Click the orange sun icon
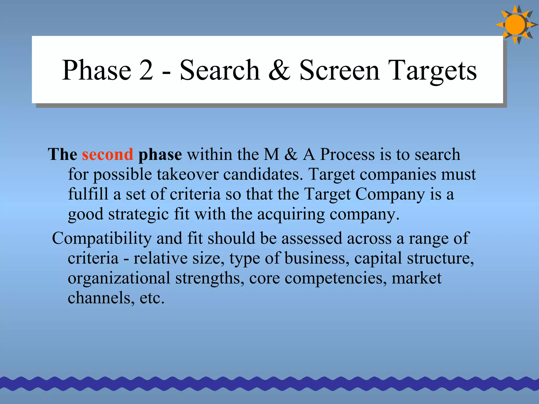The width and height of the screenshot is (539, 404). [x=515, y=25]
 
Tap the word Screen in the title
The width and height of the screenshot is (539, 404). [x=340, y=70]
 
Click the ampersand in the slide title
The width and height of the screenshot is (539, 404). [x=280, y=70]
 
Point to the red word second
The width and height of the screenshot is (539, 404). [x=108, y=154]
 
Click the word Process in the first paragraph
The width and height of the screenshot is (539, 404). [x=347, y=154]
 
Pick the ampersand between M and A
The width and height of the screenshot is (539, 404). [x=291, y=154]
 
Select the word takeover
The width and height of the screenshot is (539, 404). [x=188, y=174]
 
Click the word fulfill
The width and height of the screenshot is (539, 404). [x=88, y=194]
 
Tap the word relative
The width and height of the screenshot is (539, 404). [x=160, y=258]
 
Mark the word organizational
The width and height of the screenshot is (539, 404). [x=119, y=278]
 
